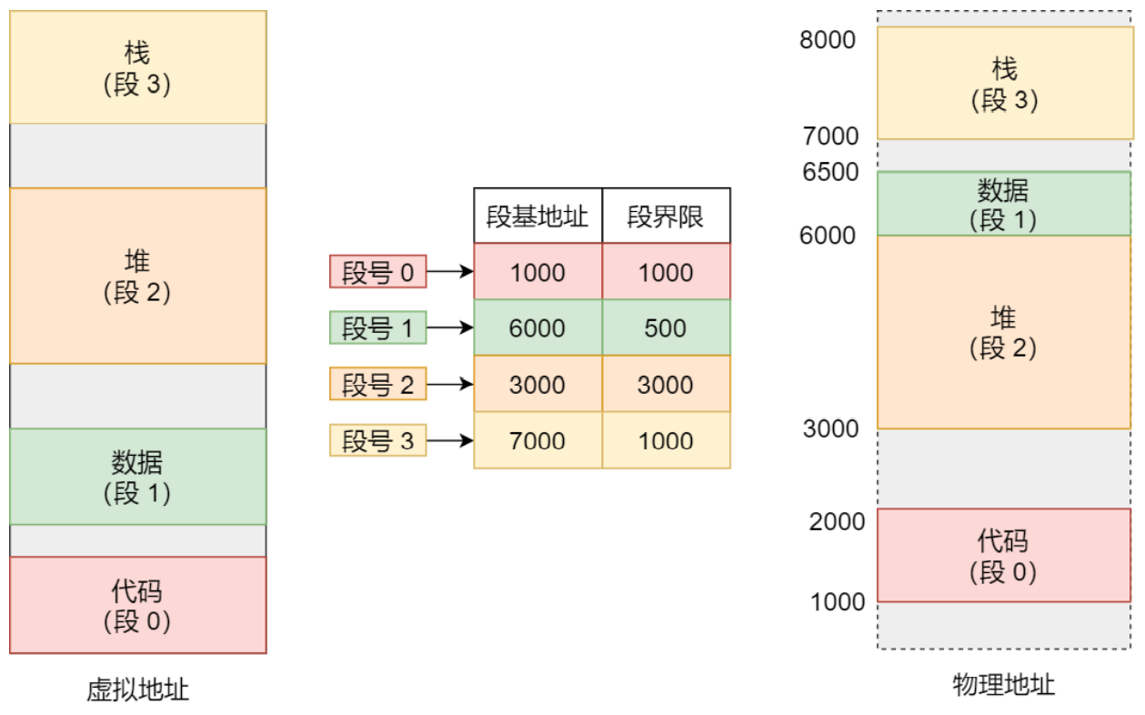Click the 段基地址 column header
pos(537,216)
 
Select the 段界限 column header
pos(666,216)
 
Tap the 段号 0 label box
pos(377,272)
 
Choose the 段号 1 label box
pos(377,327)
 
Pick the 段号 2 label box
pos(377,384)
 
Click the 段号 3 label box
pos(377,440)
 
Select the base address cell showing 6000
pos(537,327)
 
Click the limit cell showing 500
pos(666,327)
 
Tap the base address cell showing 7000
pos(537,440)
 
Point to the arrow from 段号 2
pos(450,384)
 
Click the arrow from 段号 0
pos(450,271)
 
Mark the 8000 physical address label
pos(828,40)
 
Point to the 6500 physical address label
pos(830,172)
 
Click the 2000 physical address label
pos(837,521)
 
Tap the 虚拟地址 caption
pos(137,690)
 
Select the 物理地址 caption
pos(1003,685)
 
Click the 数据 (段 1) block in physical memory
pos(1004,204)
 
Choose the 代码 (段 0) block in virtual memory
pos(138,605)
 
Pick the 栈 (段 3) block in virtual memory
pos(138,67)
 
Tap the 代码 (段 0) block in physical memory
pos(1004,556)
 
